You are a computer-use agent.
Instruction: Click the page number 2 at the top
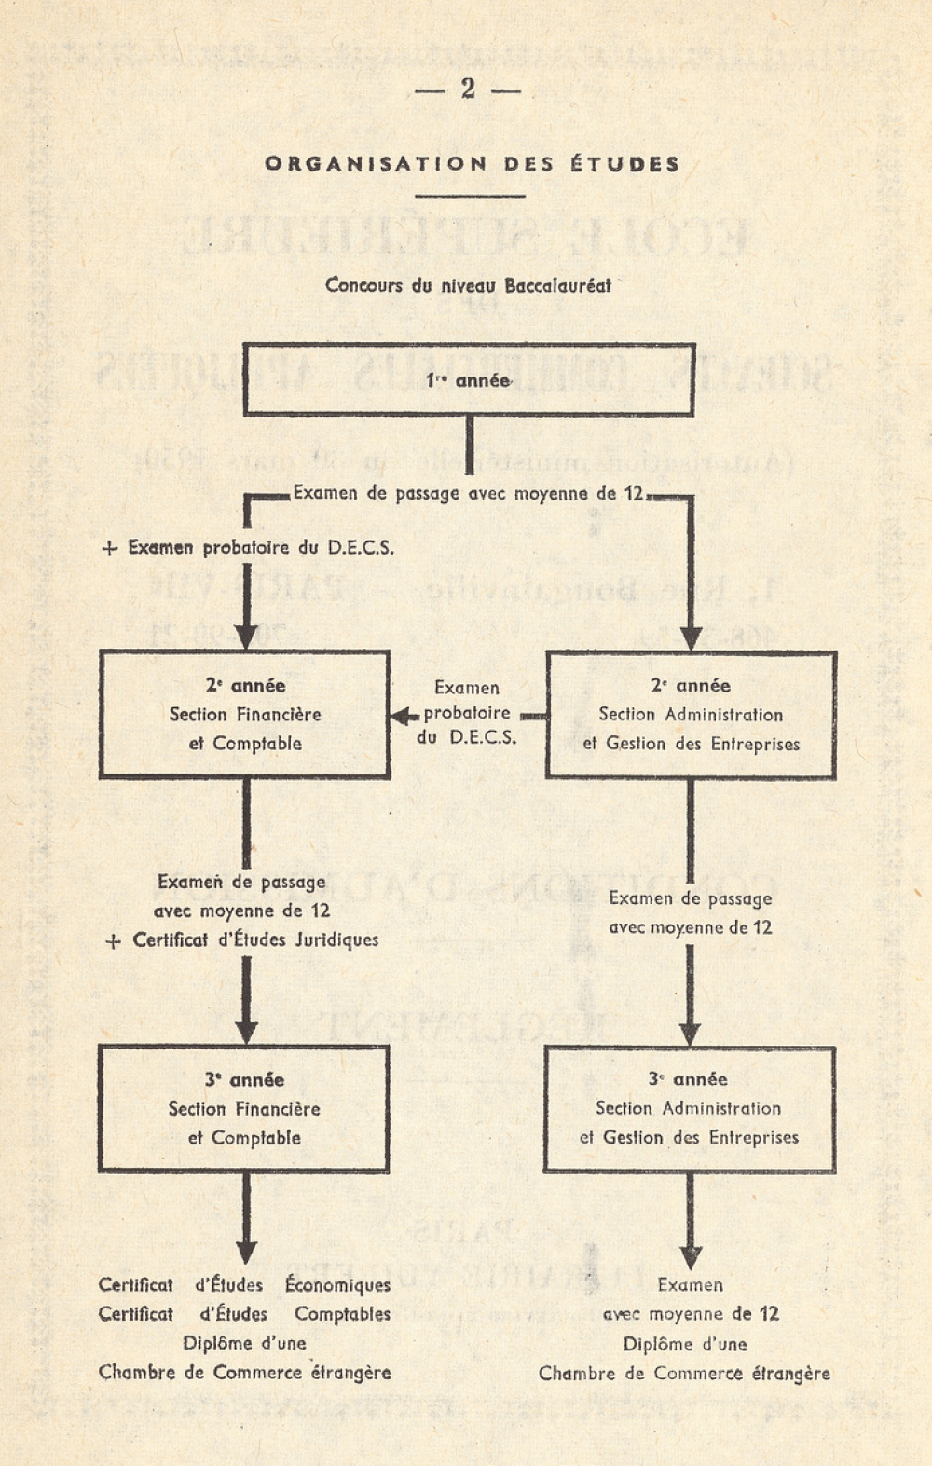pos(467,89)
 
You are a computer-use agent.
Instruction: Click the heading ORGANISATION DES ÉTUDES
pos(472,164)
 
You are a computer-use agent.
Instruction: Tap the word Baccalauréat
pos(557,285)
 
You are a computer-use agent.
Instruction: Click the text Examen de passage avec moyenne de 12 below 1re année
pos(468,493)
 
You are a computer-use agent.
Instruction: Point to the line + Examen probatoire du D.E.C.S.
pos(249,547)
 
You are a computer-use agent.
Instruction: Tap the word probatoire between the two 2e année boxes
pos(467,713)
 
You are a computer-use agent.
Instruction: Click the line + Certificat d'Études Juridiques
pos(242,939)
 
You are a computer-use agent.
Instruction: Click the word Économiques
pos(337,1284)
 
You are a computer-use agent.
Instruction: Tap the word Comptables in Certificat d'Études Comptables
pos(342,1313)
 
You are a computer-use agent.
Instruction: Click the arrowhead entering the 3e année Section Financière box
pos(245,1033)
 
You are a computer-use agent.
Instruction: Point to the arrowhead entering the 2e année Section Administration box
pos(691,638)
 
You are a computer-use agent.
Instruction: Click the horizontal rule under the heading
pos(470,195)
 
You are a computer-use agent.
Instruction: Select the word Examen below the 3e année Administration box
pos(690,1284)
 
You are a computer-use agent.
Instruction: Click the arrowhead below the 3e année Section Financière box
pos(245,1253)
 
